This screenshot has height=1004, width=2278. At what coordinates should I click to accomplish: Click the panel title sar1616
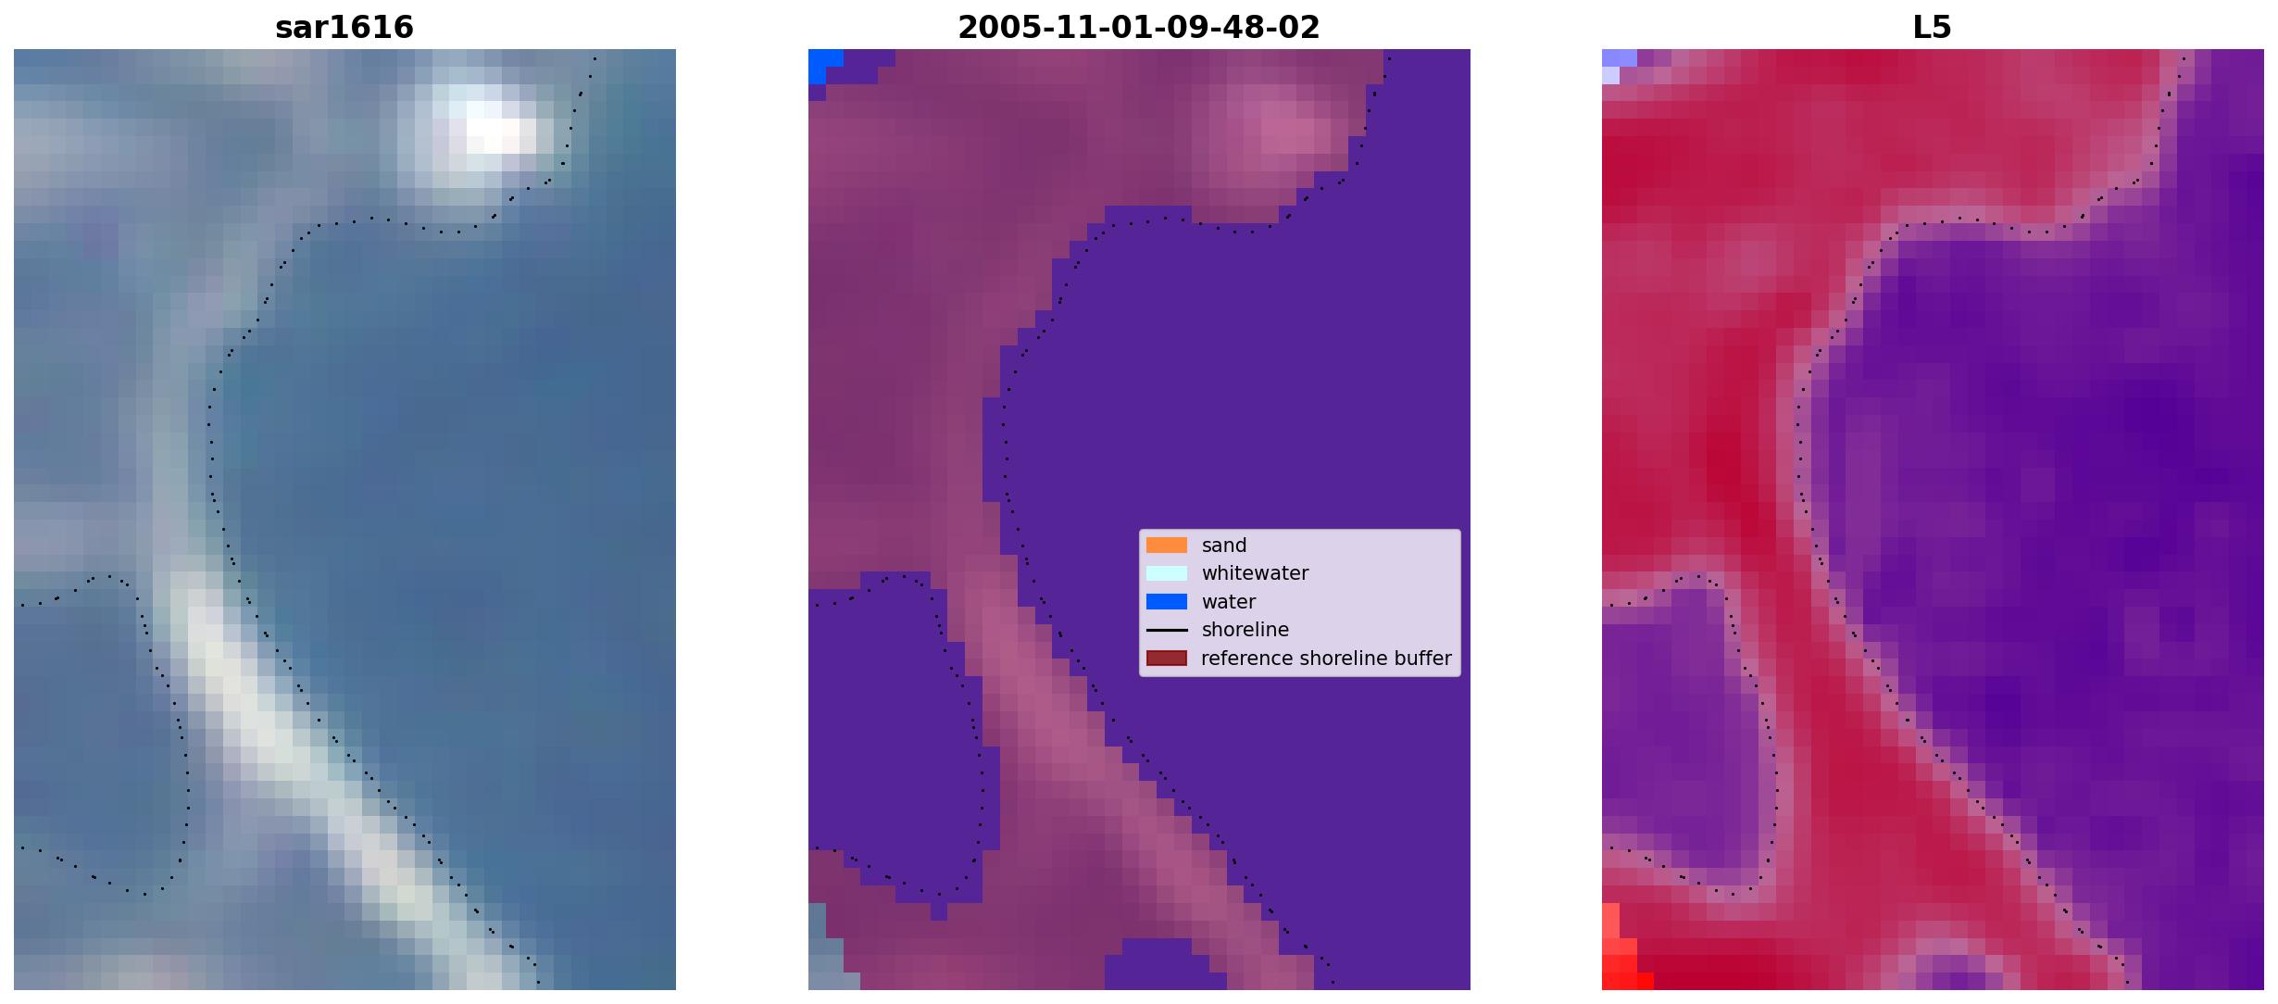tap(344, 28)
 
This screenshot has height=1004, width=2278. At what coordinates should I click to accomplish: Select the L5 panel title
tap(1933, 28)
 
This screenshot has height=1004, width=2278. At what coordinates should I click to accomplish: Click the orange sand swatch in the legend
tap(1167, 546)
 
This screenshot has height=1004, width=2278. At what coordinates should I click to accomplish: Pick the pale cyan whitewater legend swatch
tap(1167, 573)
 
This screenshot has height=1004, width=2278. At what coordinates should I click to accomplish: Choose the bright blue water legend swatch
tap(1167, 602)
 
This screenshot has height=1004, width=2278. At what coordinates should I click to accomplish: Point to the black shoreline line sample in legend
tap(1167, 630)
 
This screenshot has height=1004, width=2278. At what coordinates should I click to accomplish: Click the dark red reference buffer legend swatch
tap(1167, 659)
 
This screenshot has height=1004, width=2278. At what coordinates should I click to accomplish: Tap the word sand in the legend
tap(1224, 546)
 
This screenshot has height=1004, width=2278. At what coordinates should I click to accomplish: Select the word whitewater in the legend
tap(1255, 573)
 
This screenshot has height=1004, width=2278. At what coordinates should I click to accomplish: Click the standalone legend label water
tap(1229, 602)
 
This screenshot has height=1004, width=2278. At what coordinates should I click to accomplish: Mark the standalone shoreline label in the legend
tap(1245, 630)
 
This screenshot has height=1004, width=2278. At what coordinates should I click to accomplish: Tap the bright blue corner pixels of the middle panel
tap(824, 65)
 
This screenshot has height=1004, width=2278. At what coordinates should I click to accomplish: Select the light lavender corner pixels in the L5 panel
tap(1617, 65)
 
